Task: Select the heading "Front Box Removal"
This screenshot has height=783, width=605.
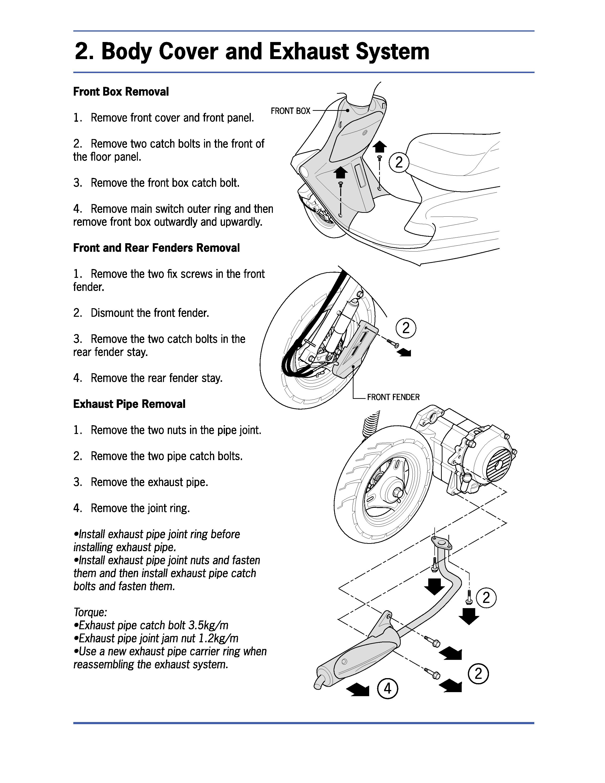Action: coord(121,92)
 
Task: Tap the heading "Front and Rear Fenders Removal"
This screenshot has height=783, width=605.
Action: coord(156,248)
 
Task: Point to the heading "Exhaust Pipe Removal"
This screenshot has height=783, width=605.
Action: coord(129,404)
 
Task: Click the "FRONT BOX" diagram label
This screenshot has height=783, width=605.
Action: coord(290,111)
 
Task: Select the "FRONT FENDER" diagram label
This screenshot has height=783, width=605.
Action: coord(393,397)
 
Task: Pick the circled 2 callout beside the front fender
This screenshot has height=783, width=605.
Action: coord(406,328)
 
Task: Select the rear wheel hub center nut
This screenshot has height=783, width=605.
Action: coord(397,494)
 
